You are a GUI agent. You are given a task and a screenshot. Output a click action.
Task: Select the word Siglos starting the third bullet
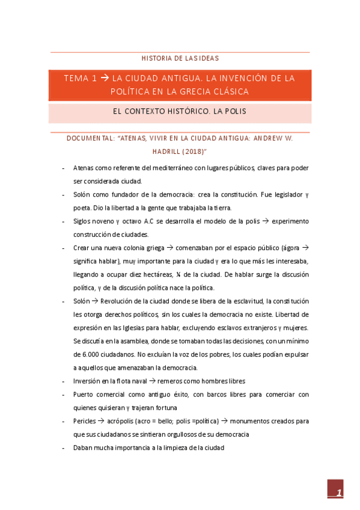pyautogui.click(x=83, y=221)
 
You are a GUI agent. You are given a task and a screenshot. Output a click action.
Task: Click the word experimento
pyautogui.click(x=290, y=221)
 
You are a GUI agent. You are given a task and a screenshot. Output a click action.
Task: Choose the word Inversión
pyautogui.click(x=88, y=381)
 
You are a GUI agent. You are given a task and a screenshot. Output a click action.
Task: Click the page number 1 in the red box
pyautogui.click(x=340, y=494)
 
